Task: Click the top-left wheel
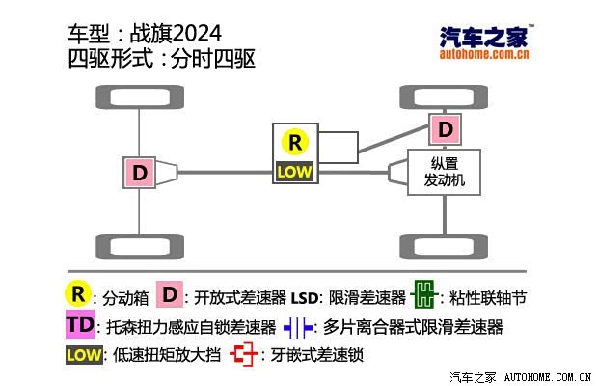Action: [140, 96]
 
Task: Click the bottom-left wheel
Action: [140, 246]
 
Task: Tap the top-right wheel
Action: [444, 96]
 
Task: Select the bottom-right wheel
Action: [444, 246]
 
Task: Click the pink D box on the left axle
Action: [140, 173]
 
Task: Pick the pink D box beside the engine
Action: [445, 129]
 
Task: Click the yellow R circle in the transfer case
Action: [295, 142]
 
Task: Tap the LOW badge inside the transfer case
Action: [294, 172]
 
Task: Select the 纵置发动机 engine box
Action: [444, 172]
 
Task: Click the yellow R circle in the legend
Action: [78, 294]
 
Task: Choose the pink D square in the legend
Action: [170, 294]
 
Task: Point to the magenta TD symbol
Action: [80, 324]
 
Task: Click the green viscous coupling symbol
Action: [424, 294]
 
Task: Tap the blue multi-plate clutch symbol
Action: [298, 328]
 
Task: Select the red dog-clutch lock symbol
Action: [244, 354]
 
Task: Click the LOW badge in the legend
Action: [84, 355]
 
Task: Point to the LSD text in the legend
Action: [305, 298]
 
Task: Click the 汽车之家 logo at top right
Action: [484, 41]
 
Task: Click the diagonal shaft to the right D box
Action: [394, 139]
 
